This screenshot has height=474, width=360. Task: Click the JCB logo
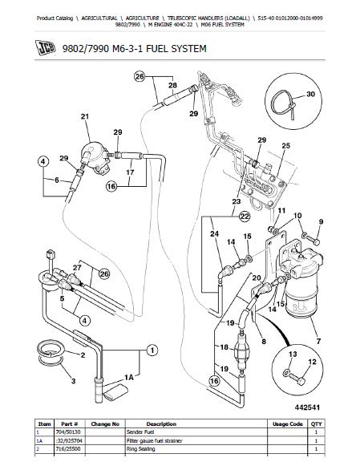click(46, 47)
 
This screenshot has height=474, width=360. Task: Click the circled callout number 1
click(152, 350)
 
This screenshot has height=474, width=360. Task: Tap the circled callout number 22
click(245, 217)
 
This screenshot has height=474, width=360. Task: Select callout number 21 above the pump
click(85, 116)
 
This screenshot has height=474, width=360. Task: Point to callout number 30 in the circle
click(310, 94)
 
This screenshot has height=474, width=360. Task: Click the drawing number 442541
click(307, 407)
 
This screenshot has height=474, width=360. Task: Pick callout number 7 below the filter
click(318, 342)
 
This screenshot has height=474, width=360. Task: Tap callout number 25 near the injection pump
click(285, 146)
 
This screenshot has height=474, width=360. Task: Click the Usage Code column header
click(288, 424)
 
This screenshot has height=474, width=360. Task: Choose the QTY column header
click(316, 424)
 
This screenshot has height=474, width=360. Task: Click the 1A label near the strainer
click(129, 378)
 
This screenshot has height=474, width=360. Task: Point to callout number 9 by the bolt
click(321, 221)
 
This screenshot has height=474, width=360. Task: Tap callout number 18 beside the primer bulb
click(224, 347)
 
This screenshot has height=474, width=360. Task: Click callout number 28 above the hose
click(172, 85)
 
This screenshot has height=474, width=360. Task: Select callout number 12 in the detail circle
click(312, 362)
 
